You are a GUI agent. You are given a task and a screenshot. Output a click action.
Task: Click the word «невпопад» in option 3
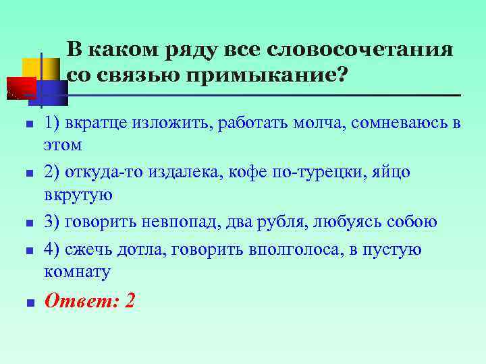(178, 222)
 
